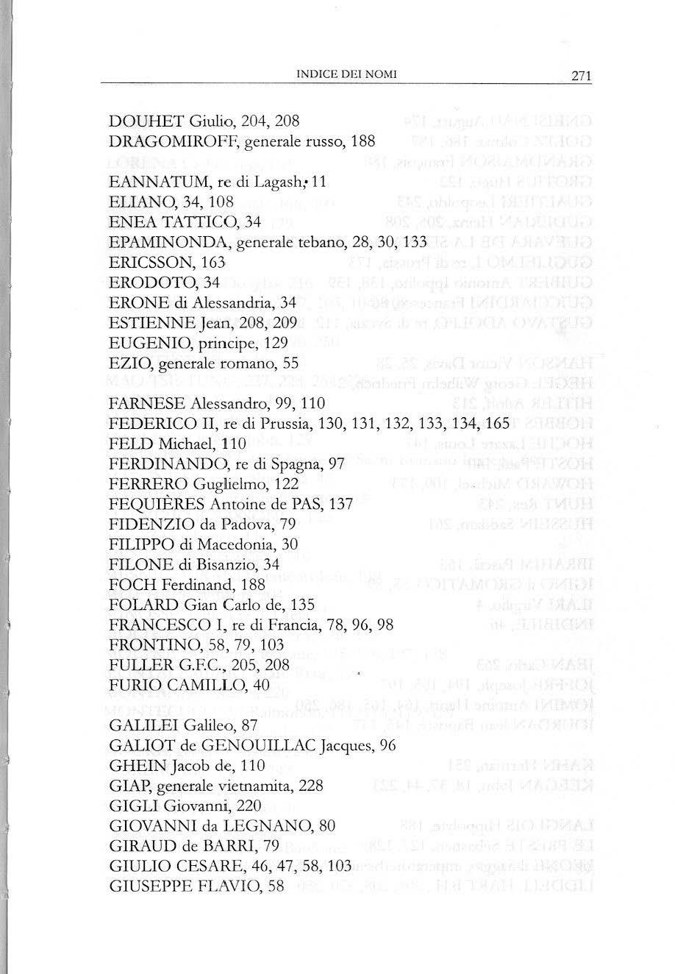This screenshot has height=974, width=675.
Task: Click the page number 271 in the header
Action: [580, 76]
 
